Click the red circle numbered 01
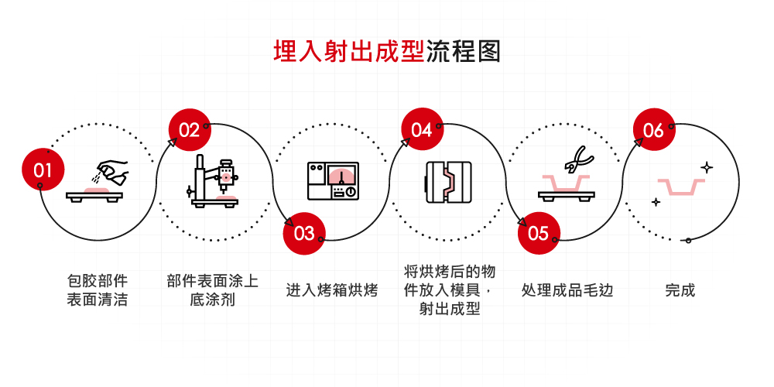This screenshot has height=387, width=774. tap(43, 170)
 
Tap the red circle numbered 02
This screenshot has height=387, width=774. tap(189, 130)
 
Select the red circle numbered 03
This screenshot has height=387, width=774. tap(304, 233)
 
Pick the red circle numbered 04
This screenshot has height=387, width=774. tap(421, 130)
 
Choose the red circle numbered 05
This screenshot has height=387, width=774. tap(538, 233)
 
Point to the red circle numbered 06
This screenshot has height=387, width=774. tap(653, 130)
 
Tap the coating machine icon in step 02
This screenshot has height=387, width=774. tap(214, 180)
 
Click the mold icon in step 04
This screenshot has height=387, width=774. tap(448, 182)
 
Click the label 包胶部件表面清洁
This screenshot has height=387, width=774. tap(97, 289)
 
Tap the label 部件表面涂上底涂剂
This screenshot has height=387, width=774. tap(212, 289)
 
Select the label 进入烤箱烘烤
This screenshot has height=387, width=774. tap(332, 291)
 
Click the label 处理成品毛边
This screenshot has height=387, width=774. tap(567, 291)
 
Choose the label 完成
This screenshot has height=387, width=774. tap(680, 291)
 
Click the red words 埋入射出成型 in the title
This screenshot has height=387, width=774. tap(348, 51)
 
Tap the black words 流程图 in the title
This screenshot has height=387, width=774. tap(464, 51)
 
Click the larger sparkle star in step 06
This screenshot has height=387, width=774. tap(706, 166)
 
